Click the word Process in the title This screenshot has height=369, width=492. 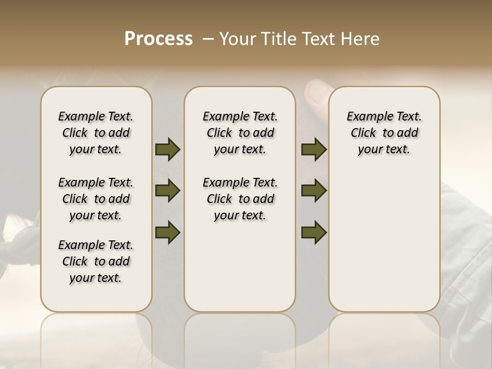click(158, 39)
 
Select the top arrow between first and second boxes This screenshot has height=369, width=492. click(168, 150)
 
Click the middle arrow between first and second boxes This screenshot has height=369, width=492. click(168, 191)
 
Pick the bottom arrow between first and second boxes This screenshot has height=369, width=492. click(168, 232)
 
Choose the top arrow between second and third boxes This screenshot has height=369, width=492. click(314, 150)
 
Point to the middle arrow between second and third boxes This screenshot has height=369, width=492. click(314, 191)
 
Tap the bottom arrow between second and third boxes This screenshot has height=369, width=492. click(314, 232)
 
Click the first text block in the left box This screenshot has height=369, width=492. click(96, 133)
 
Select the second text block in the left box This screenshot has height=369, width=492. click(96, 199)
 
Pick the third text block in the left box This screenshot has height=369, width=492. click(96, 261)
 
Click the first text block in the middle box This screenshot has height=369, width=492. click(240, 133)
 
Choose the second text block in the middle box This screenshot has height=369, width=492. click(240, 199)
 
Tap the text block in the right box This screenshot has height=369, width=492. click(384, 133)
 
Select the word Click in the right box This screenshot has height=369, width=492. click(363, 133)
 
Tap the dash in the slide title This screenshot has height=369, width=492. click(208, 39)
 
